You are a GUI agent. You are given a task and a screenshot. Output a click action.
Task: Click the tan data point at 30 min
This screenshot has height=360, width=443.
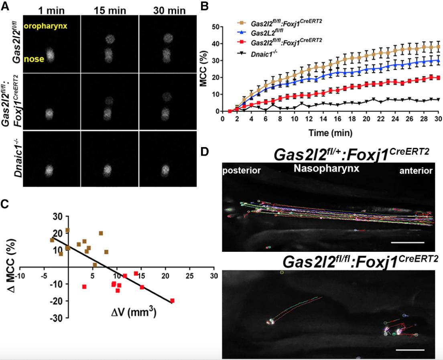point(438,47)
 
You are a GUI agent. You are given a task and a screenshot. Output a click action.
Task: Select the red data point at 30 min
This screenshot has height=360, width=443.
point(438,78)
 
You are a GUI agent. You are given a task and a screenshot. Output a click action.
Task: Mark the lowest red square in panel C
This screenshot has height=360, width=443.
point(172,300)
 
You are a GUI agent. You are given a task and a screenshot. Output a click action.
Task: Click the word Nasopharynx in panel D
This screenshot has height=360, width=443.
point(326,169)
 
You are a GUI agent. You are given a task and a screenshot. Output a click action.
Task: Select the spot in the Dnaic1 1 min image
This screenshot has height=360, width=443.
point(51,171)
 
